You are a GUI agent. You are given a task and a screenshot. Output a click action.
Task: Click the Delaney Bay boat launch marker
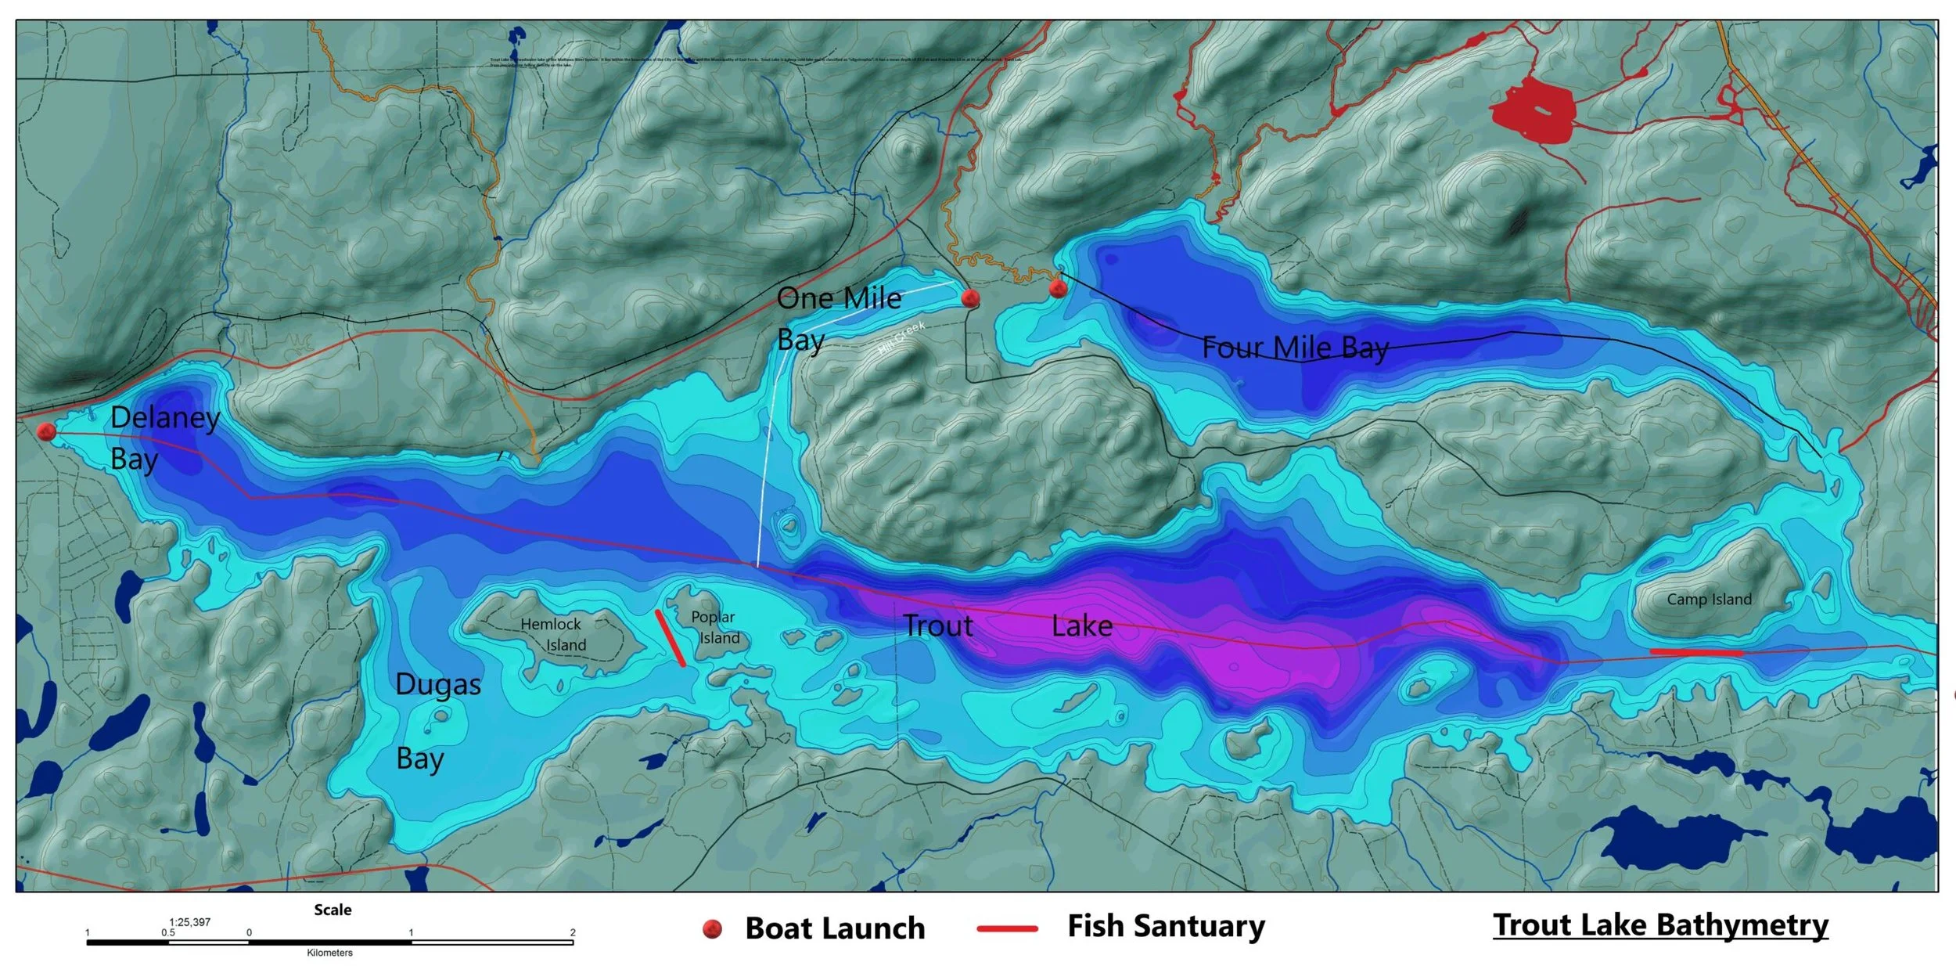click(46, 431)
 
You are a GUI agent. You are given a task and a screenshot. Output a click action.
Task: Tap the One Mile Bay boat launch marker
click(970, 297)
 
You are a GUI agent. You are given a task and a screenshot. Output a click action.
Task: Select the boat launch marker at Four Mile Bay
click(1058, 289)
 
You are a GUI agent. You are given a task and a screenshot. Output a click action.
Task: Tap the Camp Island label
click(1709, 600)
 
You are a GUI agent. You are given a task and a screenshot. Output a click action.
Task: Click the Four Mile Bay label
click(1295, 348)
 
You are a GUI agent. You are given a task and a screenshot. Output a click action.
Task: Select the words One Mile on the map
click(839, 298)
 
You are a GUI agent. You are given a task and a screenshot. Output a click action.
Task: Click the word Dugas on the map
click(437, 685)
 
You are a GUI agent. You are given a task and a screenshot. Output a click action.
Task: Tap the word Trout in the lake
click(937, 626)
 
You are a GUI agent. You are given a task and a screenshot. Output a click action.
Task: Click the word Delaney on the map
click(165, 417)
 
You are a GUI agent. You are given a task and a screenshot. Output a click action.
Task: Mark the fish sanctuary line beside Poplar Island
click(671, 639)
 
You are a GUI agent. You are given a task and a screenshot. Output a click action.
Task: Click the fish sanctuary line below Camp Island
click(1696, 651)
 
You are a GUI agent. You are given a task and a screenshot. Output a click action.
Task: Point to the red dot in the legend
click(712, 928)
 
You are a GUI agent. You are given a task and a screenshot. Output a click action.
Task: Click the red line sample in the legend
click(1007, 928)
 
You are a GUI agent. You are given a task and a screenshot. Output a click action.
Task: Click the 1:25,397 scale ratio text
click(189, 922)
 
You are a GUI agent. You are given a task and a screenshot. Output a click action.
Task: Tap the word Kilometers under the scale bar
click(329, 953)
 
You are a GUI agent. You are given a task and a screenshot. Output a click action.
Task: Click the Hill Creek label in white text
click(901, 337)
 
